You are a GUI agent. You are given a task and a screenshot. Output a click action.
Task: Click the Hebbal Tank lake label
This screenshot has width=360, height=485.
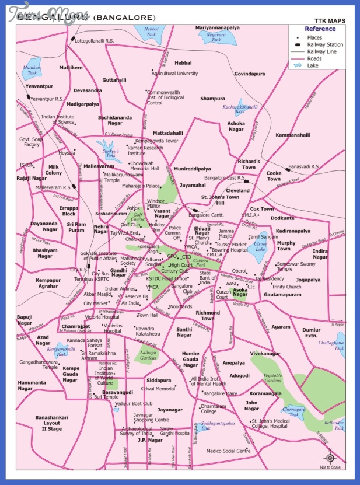click(x=135, y=31)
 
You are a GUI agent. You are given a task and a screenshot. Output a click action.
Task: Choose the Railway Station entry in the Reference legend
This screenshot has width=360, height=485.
click(x=325, y=44)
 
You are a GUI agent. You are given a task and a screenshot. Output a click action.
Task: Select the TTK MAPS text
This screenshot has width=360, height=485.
click(x=330, y=21)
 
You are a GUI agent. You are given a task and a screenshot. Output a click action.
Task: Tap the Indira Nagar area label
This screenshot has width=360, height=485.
click(x=320, y=254)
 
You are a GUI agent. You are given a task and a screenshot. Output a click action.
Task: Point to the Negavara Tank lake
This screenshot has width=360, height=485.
click(x=216, y=37)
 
